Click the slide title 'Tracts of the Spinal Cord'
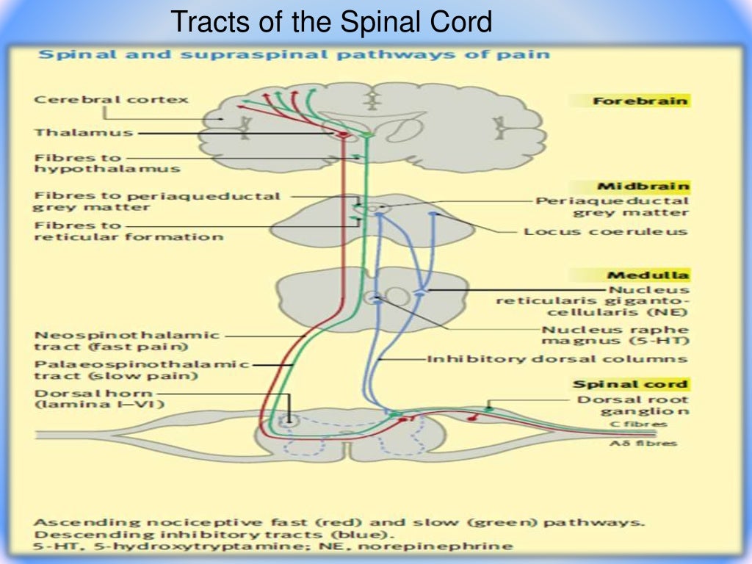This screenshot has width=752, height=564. pyautogui.click(x=331, y=23)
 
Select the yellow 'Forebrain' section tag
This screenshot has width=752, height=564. pyautogui.click(x=640, y=101)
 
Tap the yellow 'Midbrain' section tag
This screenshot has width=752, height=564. pyautogui.click(x=643, y=187)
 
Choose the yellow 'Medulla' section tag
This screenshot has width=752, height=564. pyautogui.click(x=647, y=275)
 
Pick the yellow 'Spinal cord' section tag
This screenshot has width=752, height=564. pyautogui.click(x=630, y=384)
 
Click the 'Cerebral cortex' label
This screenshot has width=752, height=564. pyautogui.click(x=111, y=99)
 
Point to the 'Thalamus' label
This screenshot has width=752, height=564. pyautogui.click(x=83, y=133)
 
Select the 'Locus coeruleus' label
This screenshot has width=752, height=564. pyautogui.click(x=605, y=231)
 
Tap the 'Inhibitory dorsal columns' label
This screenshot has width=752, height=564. pyautogui.click(x=557, y=359)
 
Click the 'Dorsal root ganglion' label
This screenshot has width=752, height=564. pyautogui.click(x=632, y=406)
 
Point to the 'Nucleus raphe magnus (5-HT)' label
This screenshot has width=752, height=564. pyautogui.click(x=615, y=336)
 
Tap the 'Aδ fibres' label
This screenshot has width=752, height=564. pyautogui.click(x=644, y=443)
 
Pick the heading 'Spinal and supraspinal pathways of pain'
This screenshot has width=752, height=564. pyautogui.click(x=294, y=55)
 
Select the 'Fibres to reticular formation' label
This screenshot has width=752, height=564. pyautogui.click(x=128, y=231)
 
